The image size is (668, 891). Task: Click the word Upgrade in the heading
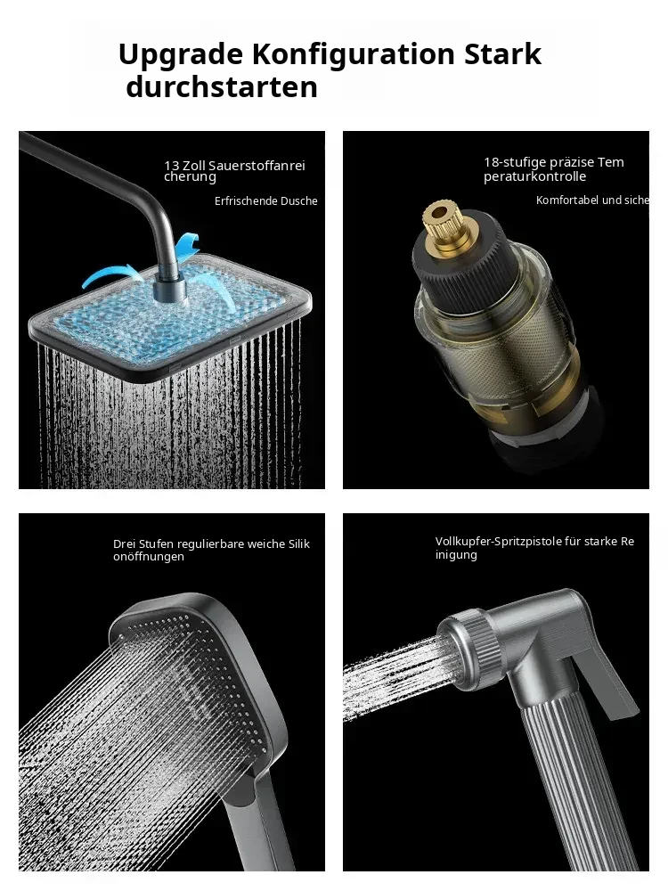pyautogui.click(x=180, y=55)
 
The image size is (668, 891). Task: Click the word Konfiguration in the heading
pyautogui.click(x=354, y=55)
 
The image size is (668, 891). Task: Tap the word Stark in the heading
pyautogui.click(x=502, y=54)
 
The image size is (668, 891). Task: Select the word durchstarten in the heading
pyautogui.click(x=222, y=87)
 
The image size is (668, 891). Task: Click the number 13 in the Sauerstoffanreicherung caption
pyautogui.click(x=172, y=166)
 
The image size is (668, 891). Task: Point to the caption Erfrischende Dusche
pyautogui.click(x=265, y=200)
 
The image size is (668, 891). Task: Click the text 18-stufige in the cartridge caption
pyautogui.click(x=517, y=162)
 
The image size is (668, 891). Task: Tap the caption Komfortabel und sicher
pyautogui.click(x=592, y=200)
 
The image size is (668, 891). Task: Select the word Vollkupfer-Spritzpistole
pyautogui.click(x=491, y=542)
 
